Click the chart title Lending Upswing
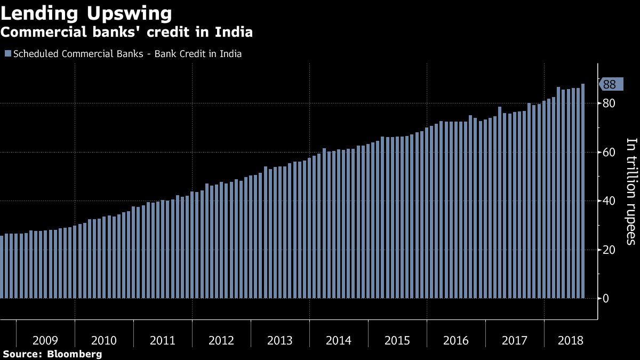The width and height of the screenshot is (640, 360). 86,13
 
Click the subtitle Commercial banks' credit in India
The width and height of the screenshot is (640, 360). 126,32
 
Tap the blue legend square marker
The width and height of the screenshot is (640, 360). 7,54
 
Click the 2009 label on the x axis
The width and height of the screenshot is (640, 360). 45,340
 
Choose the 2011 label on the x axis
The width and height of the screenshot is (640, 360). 163,340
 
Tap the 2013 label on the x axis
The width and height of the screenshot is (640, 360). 280,340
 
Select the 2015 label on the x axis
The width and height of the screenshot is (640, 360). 397,340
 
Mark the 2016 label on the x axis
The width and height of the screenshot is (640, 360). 456,340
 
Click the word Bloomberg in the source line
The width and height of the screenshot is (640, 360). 74,354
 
